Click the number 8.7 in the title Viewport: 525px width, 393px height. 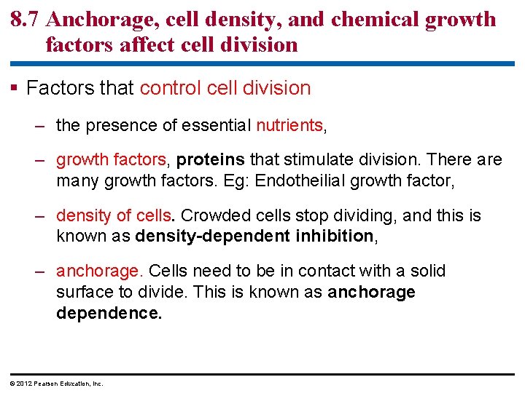[x=25, y=19]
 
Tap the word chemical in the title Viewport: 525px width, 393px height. [x=378, y=19]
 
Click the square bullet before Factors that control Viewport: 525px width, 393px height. [x=16, y=89]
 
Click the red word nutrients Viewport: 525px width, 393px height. [x=289, y=125]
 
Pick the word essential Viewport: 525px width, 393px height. [x=216, y=125]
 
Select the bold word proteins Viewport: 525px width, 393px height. [x=211, y=159]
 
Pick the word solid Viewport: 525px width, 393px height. [x=428, y=271]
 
